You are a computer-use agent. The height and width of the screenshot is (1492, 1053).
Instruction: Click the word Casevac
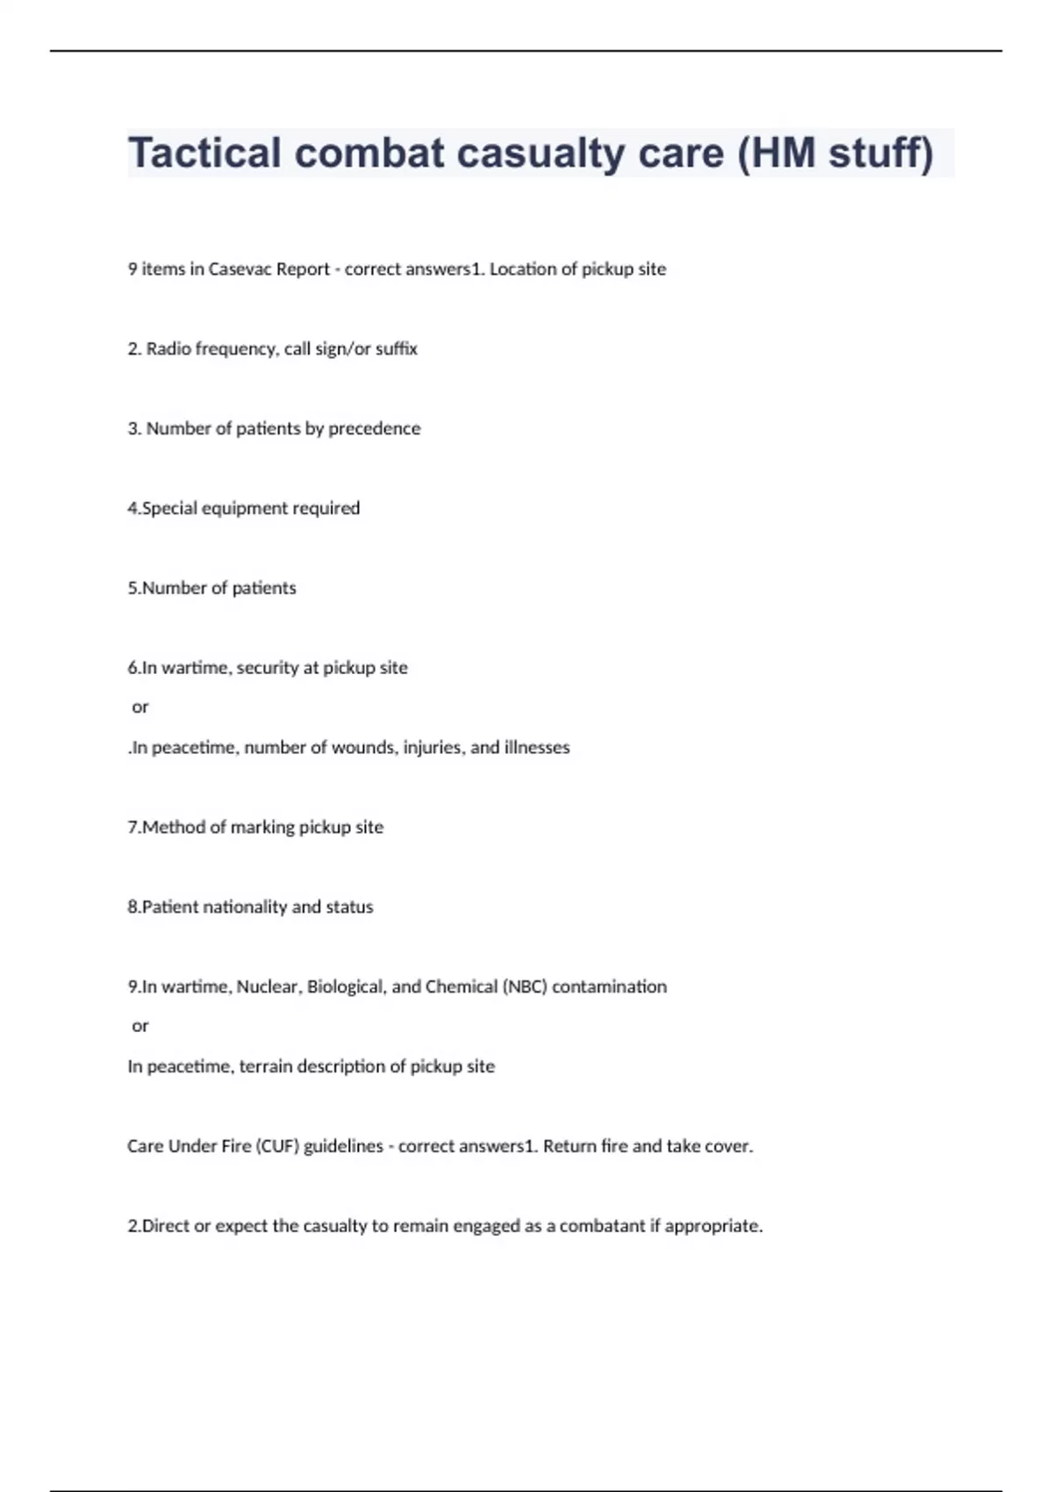pos(240,269)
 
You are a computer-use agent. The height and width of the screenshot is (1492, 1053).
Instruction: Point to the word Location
pos(522,269)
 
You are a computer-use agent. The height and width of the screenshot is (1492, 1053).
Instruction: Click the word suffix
pos(397,349)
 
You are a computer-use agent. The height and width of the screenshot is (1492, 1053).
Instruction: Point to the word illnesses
pos(537,748)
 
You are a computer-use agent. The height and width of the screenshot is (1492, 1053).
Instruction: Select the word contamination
pos(609,987)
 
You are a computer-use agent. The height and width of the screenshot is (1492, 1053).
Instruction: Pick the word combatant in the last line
pos(602,1226)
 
